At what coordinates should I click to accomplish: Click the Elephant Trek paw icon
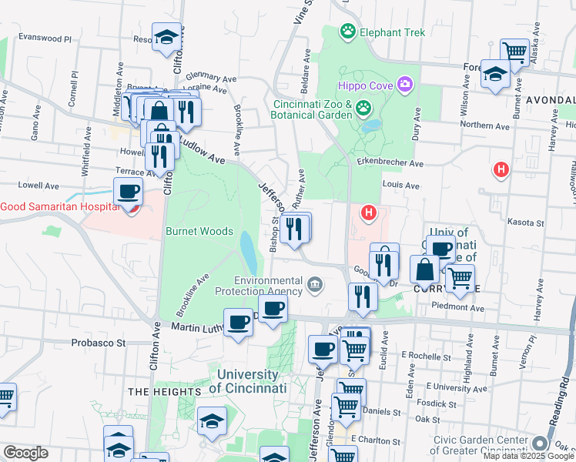point(350,32)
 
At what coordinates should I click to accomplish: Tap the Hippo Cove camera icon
point(405,84)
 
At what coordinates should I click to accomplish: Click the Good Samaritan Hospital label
point(60,206)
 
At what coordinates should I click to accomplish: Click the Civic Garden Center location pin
point(538,444)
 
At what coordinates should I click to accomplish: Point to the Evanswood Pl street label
point(45,38)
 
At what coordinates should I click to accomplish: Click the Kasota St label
point(527,222)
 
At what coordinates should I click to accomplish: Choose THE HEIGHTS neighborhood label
point(159,392)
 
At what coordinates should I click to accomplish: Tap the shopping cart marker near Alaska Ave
point(514,52)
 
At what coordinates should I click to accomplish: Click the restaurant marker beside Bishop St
point(295,228)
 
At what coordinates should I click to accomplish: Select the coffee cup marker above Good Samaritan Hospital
point(129,191)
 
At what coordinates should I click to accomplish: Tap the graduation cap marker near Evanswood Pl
point(166,38)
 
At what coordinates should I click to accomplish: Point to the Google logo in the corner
point(25,453)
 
